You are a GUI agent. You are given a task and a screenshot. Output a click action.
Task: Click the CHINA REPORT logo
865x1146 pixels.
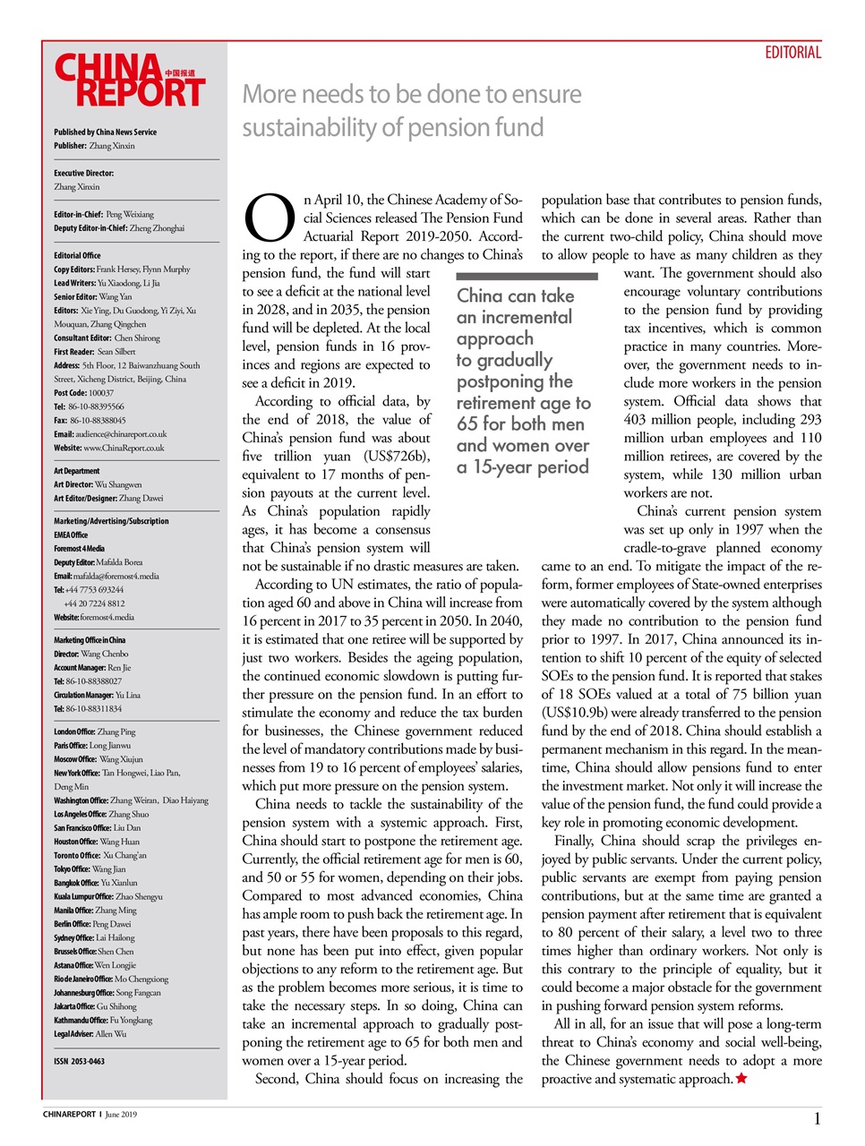point(130,81)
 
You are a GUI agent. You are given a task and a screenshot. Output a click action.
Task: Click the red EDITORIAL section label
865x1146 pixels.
point(792,53)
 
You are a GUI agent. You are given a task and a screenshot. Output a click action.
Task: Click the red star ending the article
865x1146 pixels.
point(741,1079)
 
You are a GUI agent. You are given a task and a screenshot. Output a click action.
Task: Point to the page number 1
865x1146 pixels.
point(817,1118)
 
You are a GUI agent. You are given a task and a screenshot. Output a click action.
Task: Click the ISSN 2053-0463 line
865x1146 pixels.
point(79,1061)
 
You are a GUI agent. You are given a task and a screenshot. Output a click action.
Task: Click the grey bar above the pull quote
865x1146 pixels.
point(527,277)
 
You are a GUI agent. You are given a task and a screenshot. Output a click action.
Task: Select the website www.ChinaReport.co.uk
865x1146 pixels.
point(124,448)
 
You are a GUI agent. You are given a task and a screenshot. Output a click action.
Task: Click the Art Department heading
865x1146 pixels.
point(77,471)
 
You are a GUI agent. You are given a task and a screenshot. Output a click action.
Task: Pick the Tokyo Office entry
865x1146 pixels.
point(90,869)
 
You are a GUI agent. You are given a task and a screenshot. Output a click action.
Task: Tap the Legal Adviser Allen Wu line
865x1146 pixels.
point(90,1034)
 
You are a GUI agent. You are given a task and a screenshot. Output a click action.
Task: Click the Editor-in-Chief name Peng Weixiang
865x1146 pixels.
point(129,215)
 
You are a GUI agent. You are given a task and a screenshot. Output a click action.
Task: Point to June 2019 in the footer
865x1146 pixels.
point(121,1115)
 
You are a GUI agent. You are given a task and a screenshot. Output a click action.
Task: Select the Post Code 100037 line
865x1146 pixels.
point(83,393)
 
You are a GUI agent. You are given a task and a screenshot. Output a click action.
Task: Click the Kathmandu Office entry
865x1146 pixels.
point(103,1020)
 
